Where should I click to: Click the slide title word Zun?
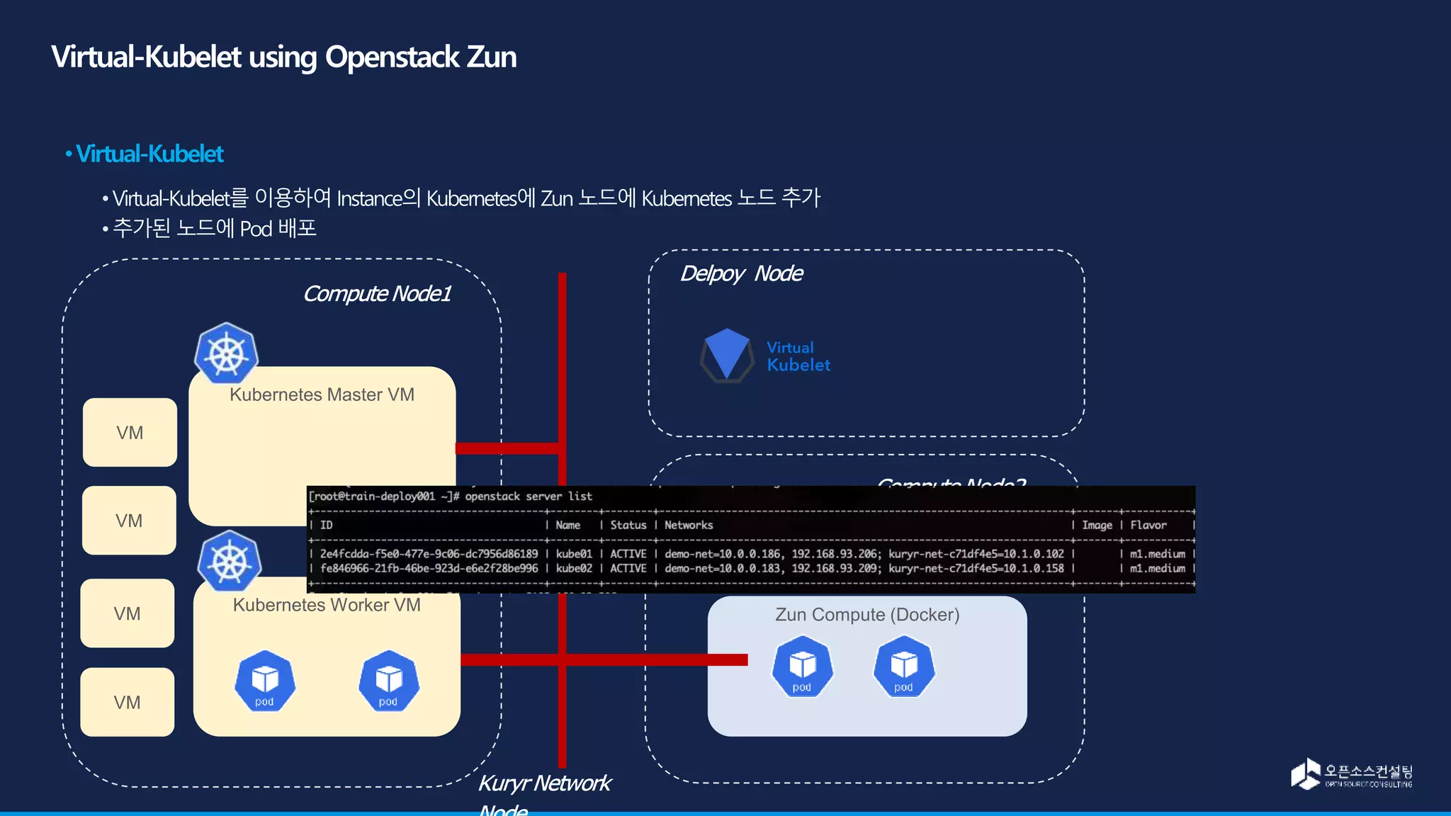(x=491, y=57)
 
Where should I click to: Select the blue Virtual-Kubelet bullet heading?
(x=149, y=154)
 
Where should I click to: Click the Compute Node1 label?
(x=377, y=293)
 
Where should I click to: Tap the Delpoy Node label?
(x=741, y=273)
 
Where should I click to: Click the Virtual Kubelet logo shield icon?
(x=727, y=354)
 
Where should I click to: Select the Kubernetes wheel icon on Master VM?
(x=226, y=353)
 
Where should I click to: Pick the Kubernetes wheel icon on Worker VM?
(x=230, y=562)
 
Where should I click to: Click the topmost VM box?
(x=130, y=432)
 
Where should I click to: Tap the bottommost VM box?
(x=128, y=702)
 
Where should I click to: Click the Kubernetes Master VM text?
(x=322, y=395)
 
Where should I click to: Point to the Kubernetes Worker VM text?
(x=327, y=605)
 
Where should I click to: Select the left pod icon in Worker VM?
(x=265, y=681)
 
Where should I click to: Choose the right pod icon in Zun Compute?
(x=904, y=667)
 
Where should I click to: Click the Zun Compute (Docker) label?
(x=867, y=614)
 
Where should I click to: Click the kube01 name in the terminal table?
(x=573, y=554)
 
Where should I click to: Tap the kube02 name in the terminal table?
(x=573, y=568)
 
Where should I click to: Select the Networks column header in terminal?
(x=688, y=525)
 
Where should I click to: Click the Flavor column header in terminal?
(x=1148, y=525)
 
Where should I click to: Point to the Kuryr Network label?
(x=544, y=783)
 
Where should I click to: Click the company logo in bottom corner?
(x=1350, y=774)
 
